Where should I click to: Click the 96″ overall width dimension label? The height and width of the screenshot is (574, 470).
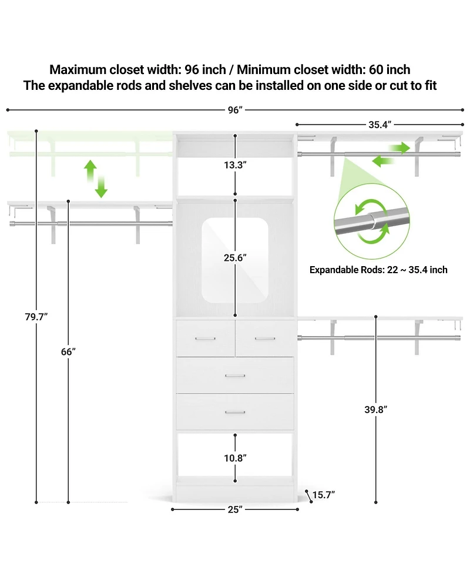pos(235,110)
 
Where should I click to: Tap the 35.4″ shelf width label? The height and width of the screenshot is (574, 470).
pos(380,125)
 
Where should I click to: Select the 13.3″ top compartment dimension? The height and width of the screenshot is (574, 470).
pos(236,165)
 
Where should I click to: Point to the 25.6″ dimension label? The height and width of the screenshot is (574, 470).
pos(236,258)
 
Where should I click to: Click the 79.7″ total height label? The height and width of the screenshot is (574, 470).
pos(36,317)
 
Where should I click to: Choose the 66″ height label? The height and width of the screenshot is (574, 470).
pos(69,352)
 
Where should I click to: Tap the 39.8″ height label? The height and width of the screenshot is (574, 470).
pos(376,409)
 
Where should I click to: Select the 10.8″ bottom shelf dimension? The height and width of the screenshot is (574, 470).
pos(236,458)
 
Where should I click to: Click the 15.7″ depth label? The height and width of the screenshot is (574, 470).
pos(324,495)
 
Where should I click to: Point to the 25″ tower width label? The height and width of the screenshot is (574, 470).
pos(235,509)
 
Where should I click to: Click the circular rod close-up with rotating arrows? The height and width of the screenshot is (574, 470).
pos(372,221)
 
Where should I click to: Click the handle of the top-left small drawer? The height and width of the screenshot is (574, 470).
pos(206,338)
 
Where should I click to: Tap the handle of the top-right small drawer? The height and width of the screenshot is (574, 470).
pos(265,338)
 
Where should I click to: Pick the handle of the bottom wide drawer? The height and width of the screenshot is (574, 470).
pos(235,412)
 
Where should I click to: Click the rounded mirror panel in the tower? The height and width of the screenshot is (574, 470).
pos(235,260)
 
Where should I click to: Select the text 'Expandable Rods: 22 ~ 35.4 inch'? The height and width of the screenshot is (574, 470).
pos(378,270)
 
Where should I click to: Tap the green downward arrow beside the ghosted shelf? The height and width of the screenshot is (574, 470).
pos(101,187)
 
